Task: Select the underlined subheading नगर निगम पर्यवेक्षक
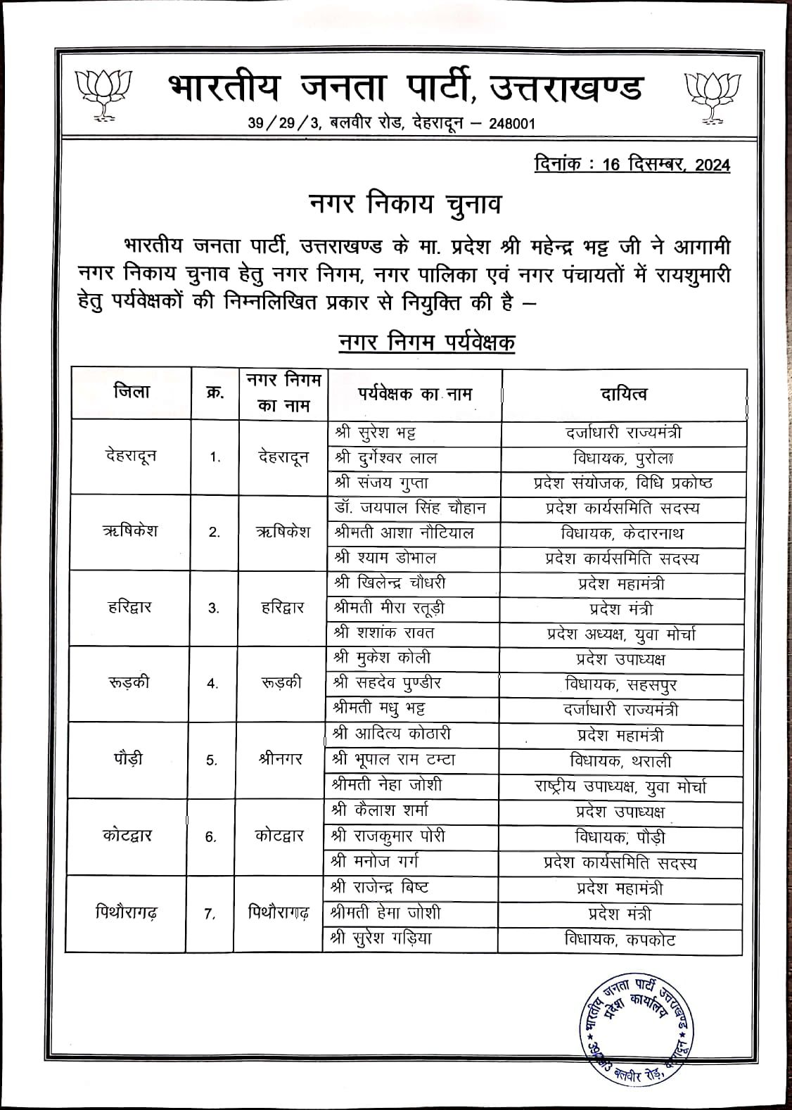pyautogui.click(x=426, y=343)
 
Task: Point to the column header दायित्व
pyautogui.click(x=624, y=394)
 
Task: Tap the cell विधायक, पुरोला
pyautogui.click(x=623, y=458)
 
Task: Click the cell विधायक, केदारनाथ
pyautogui.click(x=623, y=533)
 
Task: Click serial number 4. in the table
pyautogui.click(x=213, y=684)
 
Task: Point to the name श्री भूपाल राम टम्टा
pyautogui.click(x=395, y=760)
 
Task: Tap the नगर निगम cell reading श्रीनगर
pyautogui.click(x=281, y=760)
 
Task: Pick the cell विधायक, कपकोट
pyautogui.click(x=619, y=939)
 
